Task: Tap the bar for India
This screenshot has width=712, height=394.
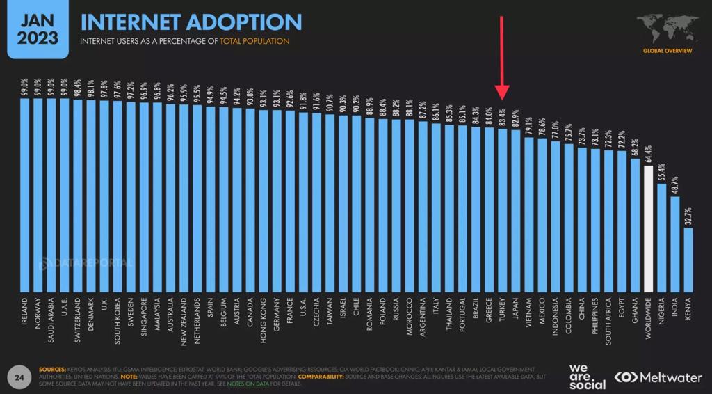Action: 674,243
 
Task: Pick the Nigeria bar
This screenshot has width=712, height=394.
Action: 661,236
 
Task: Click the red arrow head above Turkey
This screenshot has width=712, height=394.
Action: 503,95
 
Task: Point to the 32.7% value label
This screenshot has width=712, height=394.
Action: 688,214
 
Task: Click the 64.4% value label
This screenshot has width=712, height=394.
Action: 648,153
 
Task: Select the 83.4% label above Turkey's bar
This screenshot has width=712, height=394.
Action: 502,116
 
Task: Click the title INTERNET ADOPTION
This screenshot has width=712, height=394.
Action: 191,21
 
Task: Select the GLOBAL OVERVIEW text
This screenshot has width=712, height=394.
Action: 667,52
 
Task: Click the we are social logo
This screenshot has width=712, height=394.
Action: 586,376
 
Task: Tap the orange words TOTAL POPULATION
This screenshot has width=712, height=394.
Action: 254,42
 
